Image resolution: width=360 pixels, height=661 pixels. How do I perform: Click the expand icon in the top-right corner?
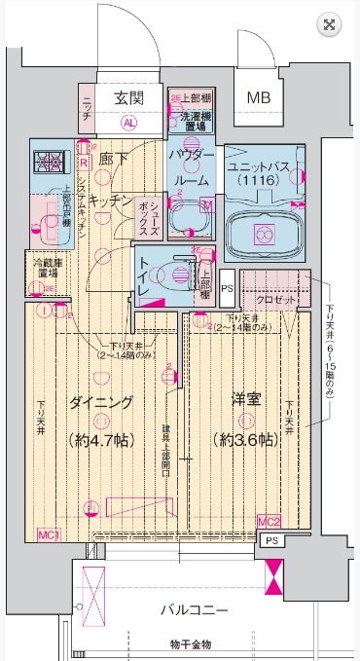[x=330, y=25]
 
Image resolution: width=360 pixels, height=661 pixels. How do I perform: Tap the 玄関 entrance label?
[x=128, y=97]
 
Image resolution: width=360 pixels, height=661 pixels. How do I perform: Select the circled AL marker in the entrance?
[x=128, y=124]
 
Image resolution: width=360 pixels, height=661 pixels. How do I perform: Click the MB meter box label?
[x=259, y=97]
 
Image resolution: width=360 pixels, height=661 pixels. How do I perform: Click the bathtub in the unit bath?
[x=262, y=234]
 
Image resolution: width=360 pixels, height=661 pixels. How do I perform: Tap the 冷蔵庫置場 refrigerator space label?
[x=41, y=269]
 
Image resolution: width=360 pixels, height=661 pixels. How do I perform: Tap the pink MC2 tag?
[x=269, y=522]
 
